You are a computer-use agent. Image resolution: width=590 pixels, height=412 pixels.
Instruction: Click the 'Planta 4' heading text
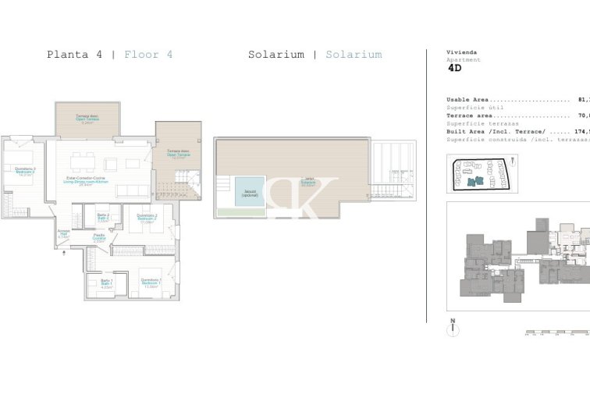coord(75,55)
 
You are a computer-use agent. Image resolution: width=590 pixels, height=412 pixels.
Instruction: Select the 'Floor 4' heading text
coord(148,55)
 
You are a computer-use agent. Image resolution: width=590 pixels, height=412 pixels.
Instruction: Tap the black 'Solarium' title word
coord(276,55)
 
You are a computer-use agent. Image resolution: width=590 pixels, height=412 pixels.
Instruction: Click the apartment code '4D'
coord(454,68)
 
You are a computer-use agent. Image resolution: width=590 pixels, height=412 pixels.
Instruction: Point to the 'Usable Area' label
coord(467,100)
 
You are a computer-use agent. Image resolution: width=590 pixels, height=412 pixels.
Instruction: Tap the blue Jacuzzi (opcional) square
coord(250,191)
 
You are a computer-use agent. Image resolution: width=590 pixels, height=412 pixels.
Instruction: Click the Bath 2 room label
coord(103,218)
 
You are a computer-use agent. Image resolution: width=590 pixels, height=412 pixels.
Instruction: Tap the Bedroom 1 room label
coord(151,282)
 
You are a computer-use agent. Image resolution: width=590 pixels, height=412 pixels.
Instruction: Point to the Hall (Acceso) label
coord(64,234)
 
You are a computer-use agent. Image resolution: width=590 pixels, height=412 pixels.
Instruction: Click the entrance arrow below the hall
coord(65,252)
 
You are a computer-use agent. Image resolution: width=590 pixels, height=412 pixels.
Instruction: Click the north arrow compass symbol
coord(452,329)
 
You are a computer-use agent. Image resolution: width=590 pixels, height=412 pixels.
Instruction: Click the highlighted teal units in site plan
coord(475,181)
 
